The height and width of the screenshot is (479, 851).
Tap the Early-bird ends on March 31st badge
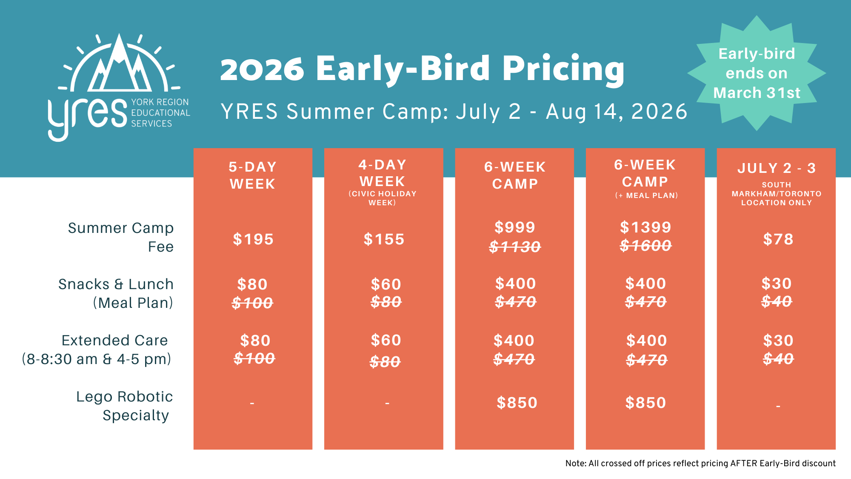(757, 73)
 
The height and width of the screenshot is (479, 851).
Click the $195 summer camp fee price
(253, 239)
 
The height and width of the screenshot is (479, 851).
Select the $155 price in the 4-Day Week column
(384, 239)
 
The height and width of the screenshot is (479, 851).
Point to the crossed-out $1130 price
(515, 247)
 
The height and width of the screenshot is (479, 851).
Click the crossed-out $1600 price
(645, 246)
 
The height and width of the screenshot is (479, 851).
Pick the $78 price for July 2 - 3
(778, 239)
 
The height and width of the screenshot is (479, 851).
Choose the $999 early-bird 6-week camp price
(515, 227)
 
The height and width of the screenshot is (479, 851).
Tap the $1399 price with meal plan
(645, 227)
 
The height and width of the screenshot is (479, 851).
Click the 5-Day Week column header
(253, 175)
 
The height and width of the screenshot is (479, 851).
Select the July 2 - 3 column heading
(777, 168)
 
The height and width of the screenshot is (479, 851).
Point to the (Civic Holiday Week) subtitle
(383, 198)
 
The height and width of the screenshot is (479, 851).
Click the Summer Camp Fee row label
(121, 237)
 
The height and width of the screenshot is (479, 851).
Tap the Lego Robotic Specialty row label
(124, 406)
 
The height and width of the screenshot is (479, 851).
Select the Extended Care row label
(115, 340)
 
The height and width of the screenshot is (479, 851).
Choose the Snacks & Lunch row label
(116, 284)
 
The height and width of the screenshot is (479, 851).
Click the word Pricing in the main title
(563, 69)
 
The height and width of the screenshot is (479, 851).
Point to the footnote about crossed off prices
(700, 463)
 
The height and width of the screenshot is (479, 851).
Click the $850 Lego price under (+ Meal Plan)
(645, 403)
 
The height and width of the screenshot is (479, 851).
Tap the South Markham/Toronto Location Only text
(777, 194)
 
